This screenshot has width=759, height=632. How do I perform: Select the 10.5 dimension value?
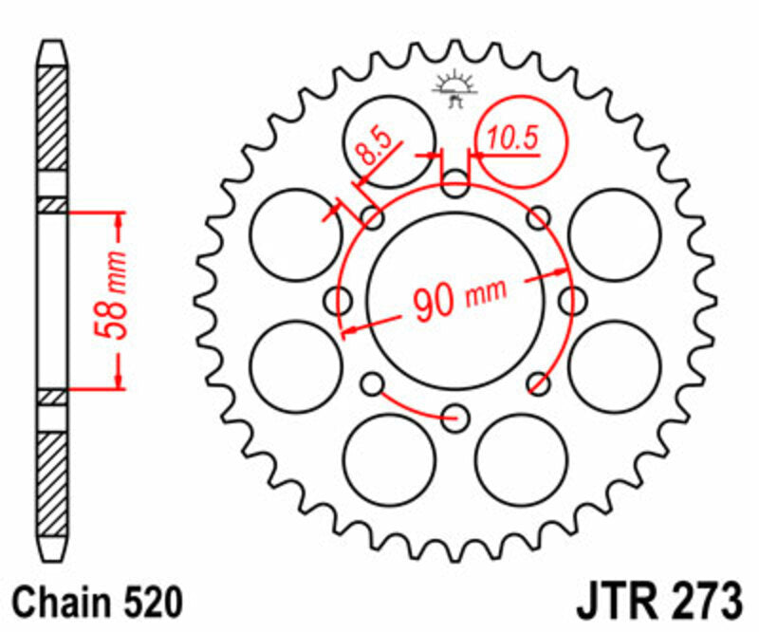coord(512,139)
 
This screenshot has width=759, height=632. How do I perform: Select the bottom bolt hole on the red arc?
coord(456,415)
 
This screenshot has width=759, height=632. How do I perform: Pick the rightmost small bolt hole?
coord(571,300)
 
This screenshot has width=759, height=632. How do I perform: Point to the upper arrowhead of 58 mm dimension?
coord(118,223)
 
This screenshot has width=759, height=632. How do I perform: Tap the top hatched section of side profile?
coord(52,119)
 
